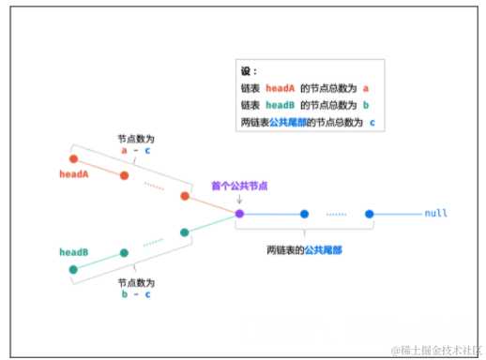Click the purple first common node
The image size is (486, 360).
(239, 214)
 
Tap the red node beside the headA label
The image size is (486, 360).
(73, 158)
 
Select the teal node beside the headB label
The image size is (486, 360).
(73, 270)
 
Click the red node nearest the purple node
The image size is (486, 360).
(186, 196)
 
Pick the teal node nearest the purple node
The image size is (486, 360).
(185, 232)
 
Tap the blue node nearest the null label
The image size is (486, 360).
(370, 214)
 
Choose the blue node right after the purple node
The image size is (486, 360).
(304, 214)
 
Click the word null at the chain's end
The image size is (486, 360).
(435, 214)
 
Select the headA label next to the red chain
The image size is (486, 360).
(74, 174)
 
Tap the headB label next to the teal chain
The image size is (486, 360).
(74, 253)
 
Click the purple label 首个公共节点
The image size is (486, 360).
(239, 186)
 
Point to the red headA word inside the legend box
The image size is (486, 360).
(280, 88)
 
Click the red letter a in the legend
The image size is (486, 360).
(367, 88)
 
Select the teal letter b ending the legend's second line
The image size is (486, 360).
(367, 105)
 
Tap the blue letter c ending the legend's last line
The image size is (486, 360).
(372, 122)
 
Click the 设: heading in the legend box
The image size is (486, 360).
(248, 71)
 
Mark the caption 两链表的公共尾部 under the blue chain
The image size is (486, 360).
(304, 249)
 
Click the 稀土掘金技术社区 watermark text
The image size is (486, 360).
(433, 350)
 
